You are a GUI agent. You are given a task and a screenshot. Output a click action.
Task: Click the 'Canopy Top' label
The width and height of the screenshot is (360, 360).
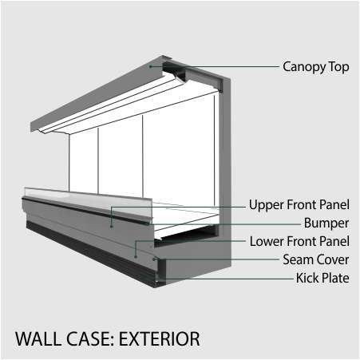316,67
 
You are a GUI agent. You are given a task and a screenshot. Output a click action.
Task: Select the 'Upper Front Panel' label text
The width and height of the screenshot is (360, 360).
299,204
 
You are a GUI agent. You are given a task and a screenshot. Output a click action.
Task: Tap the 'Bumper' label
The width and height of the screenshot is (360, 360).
326,223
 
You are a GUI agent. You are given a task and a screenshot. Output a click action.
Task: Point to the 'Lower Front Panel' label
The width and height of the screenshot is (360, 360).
299,241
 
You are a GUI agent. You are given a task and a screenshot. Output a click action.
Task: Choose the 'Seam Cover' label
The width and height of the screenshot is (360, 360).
315,259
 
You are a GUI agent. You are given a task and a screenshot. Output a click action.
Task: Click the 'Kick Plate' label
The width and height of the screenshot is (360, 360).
322,278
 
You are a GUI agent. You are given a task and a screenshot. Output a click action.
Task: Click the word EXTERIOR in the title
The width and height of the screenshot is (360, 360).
159,339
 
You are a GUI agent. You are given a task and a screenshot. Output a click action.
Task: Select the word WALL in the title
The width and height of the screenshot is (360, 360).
38,339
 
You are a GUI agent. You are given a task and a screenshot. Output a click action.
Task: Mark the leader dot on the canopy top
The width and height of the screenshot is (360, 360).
150,66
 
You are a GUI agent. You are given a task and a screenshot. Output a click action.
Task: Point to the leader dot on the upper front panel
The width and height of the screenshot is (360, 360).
112,227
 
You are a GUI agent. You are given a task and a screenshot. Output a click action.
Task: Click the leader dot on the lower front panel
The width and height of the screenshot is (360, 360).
136,257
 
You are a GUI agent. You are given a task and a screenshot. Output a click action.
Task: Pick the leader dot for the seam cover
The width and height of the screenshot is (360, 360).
154,259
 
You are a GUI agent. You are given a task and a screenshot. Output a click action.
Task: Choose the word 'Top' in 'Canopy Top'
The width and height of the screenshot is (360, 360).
338,67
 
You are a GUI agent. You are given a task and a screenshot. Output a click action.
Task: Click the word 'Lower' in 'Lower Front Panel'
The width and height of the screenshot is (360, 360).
267,241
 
